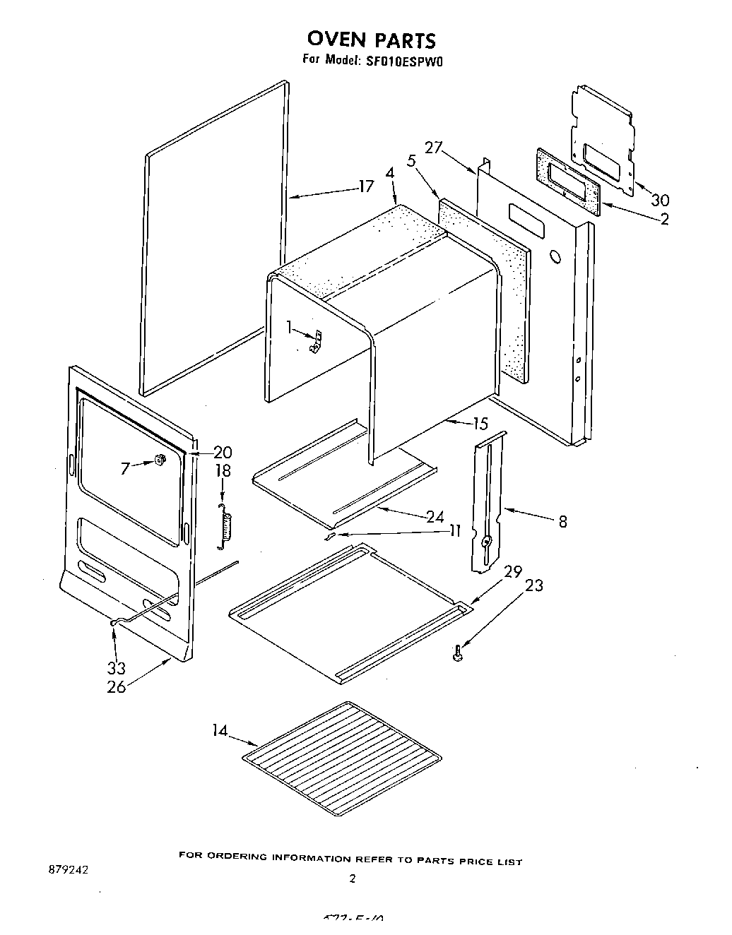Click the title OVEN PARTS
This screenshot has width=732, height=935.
[x=372, y=39]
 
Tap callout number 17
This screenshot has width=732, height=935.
[x=365, y=187]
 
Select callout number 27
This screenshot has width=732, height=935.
[x=434, y=148]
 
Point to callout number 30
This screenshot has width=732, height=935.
[x=660, y=200]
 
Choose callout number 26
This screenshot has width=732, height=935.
[x=117, y=686]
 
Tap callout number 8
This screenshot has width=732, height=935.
[x=562, y=522]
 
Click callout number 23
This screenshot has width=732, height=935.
[x=534, y=585]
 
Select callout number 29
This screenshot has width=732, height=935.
[x=514, y=571]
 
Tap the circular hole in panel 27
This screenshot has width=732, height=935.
[x=553, y=256]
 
